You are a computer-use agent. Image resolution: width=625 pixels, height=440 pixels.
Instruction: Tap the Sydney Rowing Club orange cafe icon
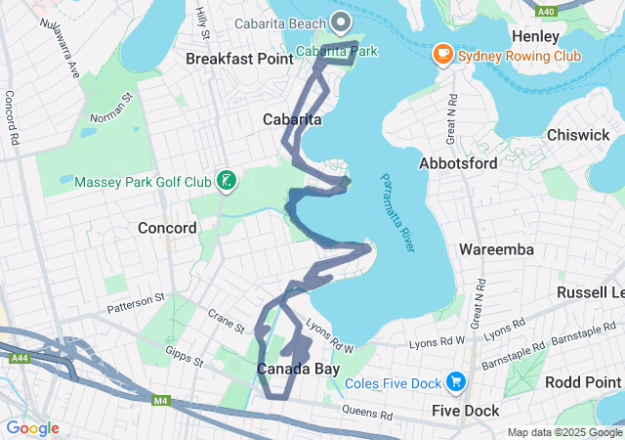tap(443, 55)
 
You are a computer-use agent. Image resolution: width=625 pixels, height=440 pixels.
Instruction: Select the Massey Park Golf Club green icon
tap(226, 180)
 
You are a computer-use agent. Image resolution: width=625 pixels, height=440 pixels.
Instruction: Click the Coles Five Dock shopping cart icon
tap(455, 381)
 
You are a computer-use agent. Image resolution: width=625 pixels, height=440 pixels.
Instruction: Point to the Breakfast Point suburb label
tap(239, 60)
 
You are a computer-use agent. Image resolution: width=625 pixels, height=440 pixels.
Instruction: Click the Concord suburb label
tap(167, 228)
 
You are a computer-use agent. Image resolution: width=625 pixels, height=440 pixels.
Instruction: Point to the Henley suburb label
tap(535, 35)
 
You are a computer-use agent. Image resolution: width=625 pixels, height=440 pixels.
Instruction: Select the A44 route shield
tap(17, 358)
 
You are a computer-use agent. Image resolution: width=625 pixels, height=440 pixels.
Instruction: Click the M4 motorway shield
tap(161, 399)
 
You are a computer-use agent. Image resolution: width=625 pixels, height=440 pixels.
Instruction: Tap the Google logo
tap(32, 428)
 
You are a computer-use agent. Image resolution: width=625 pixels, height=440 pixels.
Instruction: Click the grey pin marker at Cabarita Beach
tap(341, 20)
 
